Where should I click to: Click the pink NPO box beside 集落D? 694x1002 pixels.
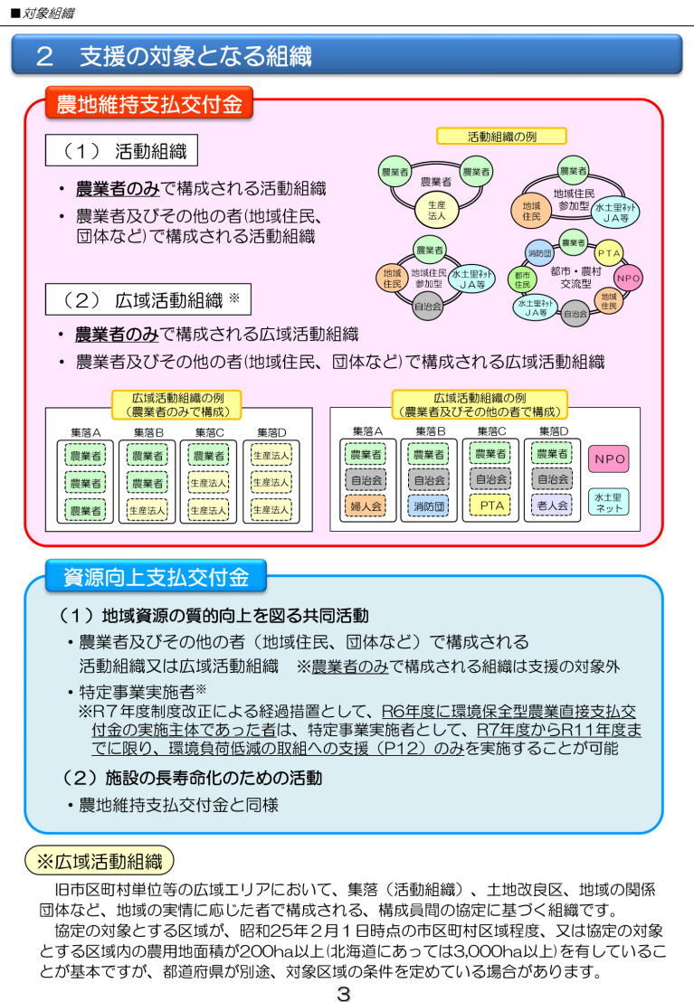point(609,458)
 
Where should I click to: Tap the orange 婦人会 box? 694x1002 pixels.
point(366,506)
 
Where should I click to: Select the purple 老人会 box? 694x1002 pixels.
point(551,505)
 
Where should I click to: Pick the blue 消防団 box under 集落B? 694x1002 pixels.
point(429,506)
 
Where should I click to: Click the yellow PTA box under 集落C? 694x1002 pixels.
point(490,505)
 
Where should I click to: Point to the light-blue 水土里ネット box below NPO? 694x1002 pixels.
point(608,502)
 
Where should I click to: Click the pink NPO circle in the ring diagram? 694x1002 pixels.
point(627,278)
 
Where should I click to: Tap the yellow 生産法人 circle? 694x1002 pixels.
point(436,211)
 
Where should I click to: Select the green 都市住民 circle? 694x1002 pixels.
point(523,280)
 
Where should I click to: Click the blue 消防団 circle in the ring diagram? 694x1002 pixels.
point(539,253)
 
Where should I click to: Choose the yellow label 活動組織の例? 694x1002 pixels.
point(501,137)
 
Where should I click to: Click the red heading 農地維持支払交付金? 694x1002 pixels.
point(149,103)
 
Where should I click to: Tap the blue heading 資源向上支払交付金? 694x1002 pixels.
point(156,577)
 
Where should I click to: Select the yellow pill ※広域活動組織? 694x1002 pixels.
point(100,862)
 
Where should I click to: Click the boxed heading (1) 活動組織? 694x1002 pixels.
point(121,151)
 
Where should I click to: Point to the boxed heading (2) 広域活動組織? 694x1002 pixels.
point(147,299)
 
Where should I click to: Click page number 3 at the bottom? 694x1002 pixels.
point(344,993)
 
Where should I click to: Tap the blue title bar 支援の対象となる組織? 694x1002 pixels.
point(347,56)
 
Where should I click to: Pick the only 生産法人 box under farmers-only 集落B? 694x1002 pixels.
point(147,510)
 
